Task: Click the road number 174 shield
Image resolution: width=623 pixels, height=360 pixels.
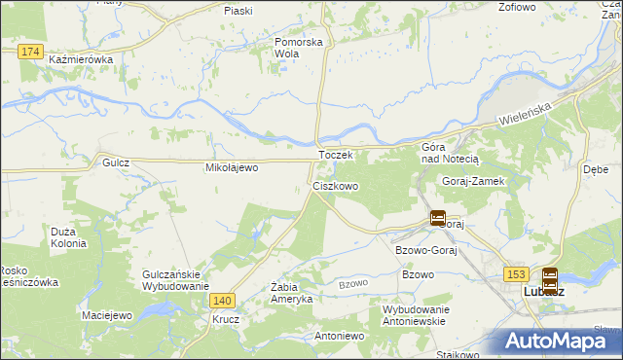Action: click(x=30, y=50)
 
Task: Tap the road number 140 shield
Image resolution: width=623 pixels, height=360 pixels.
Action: click(x=222, y=302)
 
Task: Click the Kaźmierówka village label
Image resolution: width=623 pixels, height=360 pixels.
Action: click(x=81, y=59)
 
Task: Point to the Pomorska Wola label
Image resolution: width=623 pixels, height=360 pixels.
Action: click(x=298, y=48)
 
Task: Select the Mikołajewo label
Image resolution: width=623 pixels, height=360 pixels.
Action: click(x=231, y=167)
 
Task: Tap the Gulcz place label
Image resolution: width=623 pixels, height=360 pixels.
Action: click(x=115, y=164)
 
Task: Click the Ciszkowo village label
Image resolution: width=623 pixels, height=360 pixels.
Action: click(x=335, y=185)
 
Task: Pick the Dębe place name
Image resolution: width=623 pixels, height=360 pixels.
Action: click(x=596, y=167)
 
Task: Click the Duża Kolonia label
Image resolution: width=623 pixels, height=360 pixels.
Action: click(x=69, y=237)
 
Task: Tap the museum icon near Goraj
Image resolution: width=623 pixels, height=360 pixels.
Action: click(x=438, y=218)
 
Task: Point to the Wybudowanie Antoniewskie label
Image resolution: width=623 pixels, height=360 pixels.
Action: click(x=400, y=314)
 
